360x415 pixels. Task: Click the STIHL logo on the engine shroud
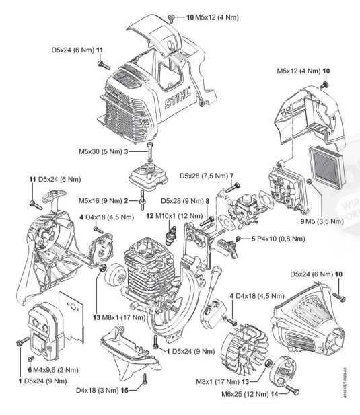tap(178, 98)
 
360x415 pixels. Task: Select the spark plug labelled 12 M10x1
tap(168, 235)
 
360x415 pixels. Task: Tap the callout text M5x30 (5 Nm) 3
tap(104, 151)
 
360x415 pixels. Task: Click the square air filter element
tap(327, 167)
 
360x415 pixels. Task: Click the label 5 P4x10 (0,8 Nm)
tap(278, 239)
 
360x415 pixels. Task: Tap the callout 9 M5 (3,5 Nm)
tap(322, 221)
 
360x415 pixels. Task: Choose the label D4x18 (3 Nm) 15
tap(102, 390)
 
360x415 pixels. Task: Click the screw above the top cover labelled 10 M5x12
tap(171, 18)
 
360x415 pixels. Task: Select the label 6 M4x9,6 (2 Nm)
tap(53, 370)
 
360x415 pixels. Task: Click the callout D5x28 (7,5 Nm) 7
tap(207, 176)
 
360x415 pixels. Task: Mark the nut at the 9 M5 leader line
tap(309, 182)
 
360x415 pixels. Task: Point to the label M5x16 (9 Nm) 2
tap(103, 201)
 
